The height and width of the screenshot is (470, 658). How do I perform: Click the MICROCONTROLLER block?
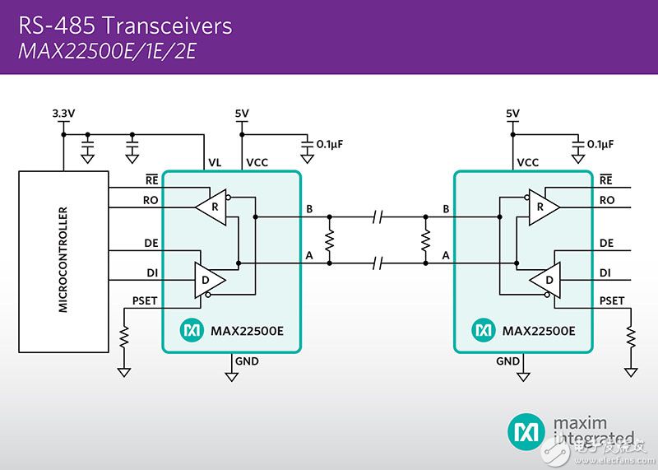pyautogui.click(x=63, y=260)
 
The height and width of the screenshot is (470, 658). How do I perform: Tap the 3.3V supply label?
pyautogui.click(x=63, y=113)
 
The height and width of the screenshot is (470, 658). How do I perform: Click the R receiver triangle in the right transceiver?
pyautogui.click(x=542, y=208)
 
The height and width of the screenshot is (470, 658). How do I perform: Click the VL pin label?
pyautogui.click(x=215, y=163)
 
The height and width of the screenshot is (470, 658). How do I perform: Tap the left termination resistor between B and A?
pyautogui.click(x=330, y=240)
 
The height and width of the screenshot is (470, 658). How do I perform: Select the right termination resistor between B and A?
pyautogui.click(x=425, y=240)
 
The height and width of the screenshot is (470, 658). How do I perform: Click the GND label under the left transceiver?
pyautogui.click(x=247, y=361)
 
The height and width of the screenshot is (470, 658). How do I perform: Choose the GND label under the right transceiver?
pyautogui.click(x=507, y=361)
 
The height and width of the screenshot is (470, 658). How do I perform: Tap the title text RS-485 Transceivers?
pyautogui.click(x=125, y=26)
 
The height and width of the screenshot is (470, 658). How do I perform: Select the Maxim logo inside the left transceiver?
pyautogui.click(x=192, y=330)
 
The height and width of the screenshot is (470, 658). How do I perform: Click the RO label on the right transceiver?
pyautogui.click(x=608, y=199)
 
